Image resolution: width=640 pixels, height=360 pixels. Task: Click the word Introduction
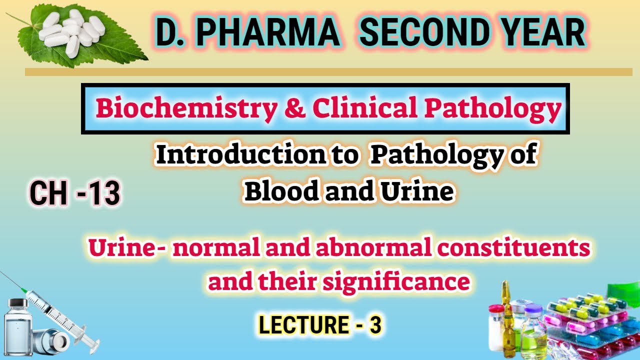point(240,155)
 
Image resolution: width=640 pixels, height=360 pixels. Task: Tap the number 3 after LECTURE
point(375,325)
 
